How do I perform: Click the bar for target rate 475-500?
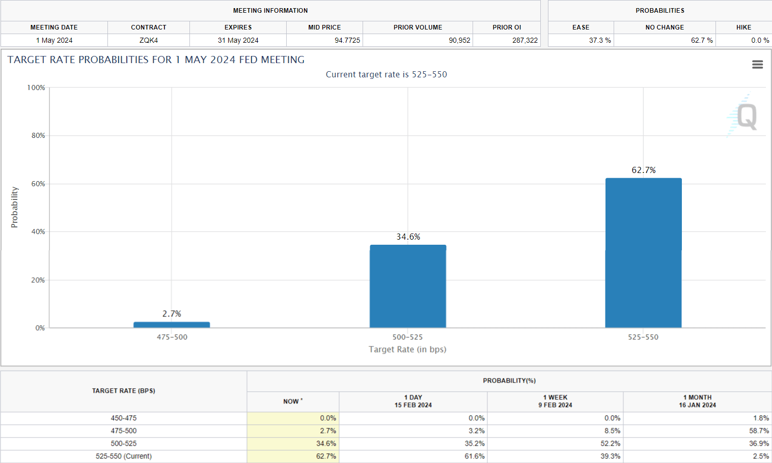coord(172,325)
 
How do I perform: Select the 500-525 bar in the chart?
coord(408,286)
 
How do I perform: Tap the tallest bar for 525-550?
coord(643,253)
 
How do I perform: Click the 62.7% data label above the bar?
coord(644,170)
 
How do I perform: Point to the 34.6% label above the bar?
coord(408,237)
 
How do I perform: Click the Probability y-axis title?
coord(14,207)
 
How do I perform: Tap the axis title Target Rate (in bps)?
coord(407,350)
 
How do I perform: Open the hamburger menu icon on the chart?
coord(757,65)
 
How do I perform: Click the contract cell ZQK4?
coord(149,40)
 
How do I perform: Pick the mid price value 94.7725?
coord(347,40)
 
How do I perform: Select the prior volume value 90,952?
coord(459,40)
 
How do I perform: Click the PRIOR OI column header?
coord(507,27)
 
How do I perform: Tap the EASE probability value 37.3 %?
coord(600,40)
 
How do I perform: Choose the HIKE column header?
coord(743,27)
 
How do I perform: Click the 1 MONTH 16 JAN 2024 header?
coord(697,401)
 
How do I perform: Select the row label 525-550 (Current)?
coord(124,456)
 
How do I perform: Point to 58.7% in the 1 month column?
coord(759,431)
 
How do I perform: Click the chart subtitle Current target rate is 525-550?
coord(386,74)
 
